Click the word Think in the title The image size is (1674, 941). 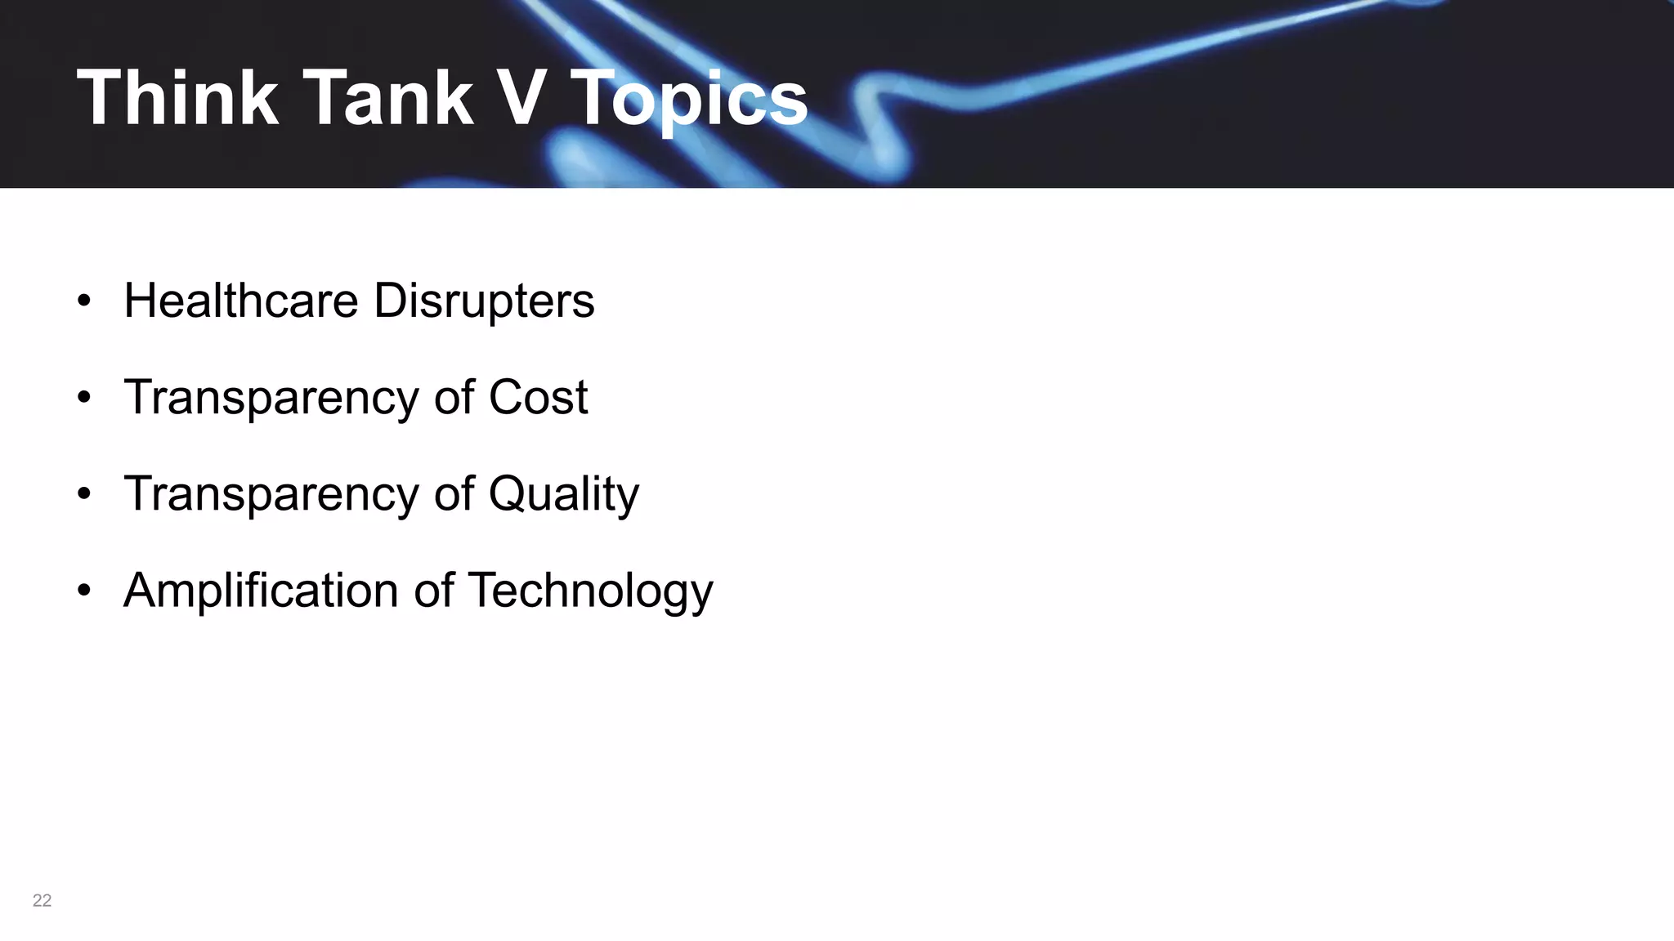[177, 98]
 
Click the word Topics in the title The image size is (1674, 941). [688, 100]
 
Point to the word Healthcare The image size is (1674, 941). [241, 300]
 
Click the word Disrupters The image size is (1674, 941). [484, 301]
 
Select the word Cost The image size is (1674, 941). [538, 398]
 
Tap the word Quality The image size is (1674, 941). [563, 495]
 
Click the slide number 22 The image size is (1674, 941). [42, 900]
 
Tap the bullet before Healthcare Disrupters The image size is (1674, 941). [84, 301]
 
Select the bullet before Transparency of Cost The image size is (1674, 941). [84, 398]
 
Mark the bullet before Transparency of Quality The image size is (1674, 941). [84, 494]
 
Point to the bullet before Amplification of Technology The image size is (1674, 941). [84, 591]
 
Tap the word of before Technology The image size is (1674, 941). [433, 591]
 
